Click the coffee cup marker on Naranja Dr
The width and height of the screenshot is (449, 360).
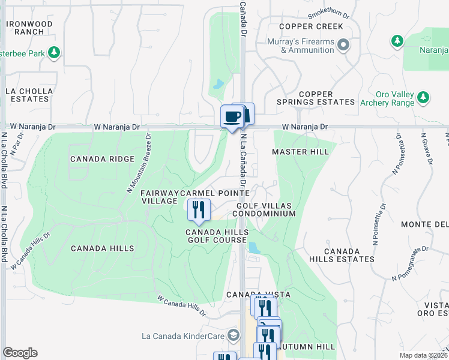pyautogui.click(x=232, y=116)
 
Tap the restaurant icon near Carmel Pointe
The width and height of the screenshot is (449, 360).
pyautogui.click(x=197, y=209)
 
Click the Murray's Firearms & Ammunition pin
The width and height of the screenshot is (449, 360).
pyautogui.click(x=343, y=45)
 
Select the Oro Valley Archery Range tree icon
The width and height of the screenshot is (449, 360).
pyautogui.click(x=424, y=97)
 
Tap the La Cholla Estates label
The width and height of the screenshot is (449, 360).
pyautogui.click(x=29, y=95)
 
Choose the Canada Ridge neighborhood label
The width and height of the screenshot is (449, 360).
pyautogui.click(x=102, y=159)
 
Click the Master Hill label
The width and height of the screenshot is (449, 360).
pyautogui.click(x=300, y=152)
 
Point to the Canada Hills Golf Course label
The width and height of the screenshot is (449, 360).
pyautogui.click(x=216, y=236)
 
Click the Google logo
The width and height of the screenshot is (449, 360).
pyautogui.click(x=20, y=353)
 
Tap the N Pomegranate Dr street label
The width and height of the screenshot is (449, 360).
pyautogui.click(x=411, y=263)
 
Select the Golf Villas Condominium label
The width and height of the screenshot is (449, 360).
pyautogui.click(x=262, y=209)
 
